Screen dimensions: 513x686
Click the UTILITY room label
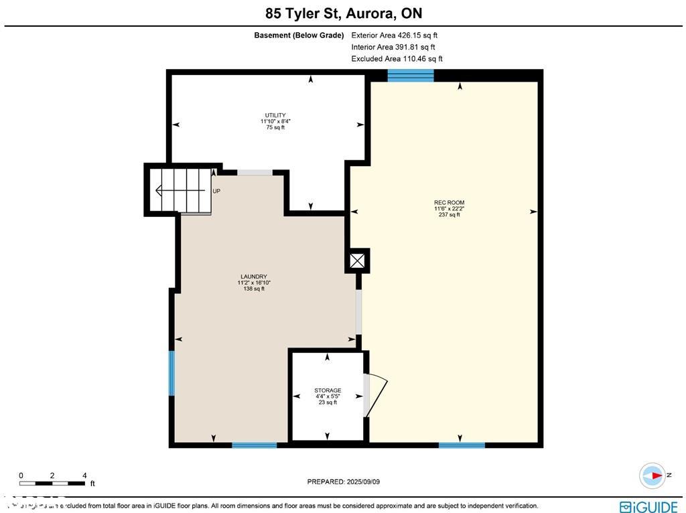pyautogui.click(x=275, y=115)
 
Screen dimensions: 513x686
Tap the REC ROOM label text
pyautogui.click(x=449, y=203)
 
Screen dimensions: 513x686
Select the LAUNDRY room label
pyautogui.click(x=254, y=277)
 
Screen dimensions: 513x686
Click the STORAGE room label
pyautogui.click(x=328, y=390)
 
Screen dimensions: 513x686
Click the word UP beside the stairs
pyautogui.click(x=216, y=191)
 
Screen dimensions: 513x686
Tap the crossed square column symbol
pyautogui.click(x=357, y=261)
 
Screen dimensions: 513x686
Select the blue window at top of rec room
pyautogui.click(x=411, y=75)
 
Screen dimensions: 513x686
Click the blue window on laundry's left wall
pyautogui.click(x=171, y=373)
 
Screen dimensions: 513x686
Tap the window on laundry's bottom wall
pyautogui.click(x=255, y=445)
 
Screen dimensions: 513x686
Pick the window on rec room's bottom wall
pyautogui.click(x=462, y=445)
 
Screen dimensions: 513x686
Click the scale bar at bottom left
pyautogui.click(x=52, y=482)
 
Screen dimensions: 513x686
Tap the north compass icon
pyautogui.click(x=653, y=475)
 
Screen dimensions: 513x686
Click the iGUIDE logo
pyautogui.click(x=648, y=506)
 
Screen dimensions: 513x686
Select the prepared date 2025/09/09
pyautogui.click(x=343, y=482)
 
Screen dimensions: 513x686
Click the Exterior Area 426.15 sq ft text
pyautogui.click(x=394, y=35)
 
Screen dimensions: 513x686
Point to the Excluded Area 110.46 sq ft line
pyautogui.click(x=397, y=59)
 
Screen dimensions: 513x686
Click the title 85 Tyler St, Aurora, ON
pyautogui.click(x=343, y=13)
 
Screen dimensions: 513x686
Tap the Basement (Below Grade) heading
pyautogui.click(x=299, y=35)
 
